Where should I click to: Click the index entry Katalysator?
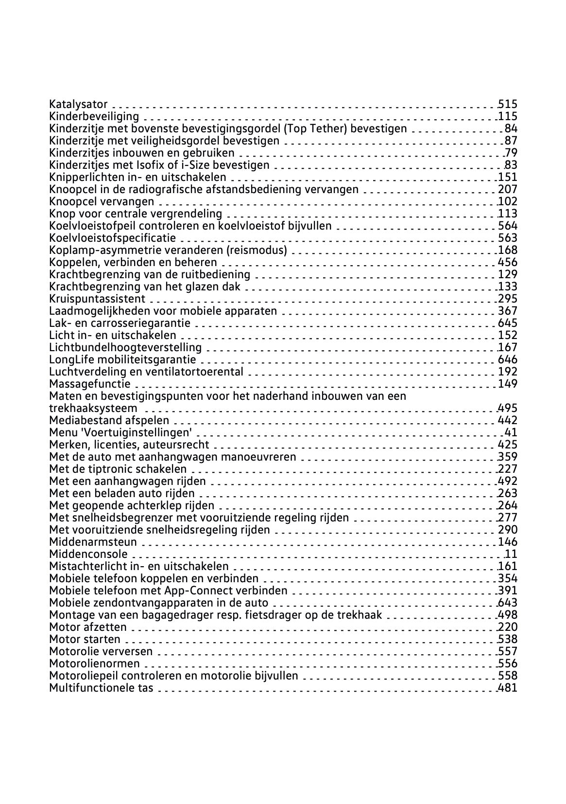click(x=78, y=104)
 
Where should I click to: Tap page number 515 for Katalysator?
click(x=508, y=104)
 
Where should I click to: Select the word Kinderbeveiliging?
click(x=94, y=116)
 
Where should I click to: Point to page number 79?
click(x=511, y=153)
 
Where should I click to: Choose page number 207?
click(x=508, y=189)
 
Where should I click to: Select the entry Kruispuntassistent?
click(x=97, y=299)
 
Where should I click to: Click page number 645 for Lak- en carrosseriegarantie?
click(x=508, y=323)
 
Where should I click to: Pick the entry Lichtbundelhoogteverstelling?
click(x=125, y=347)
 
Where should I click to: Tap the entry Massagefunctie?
click(x=90, y=384)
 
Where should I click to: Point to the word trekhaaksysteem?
click(x=93, y=408)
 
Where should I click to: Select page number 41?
click(x=511, y=432)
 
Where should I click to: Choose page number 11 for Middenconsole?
click(x=511, y=554)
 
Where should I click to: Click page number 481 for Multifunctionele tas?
click(x=508, y=688)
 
